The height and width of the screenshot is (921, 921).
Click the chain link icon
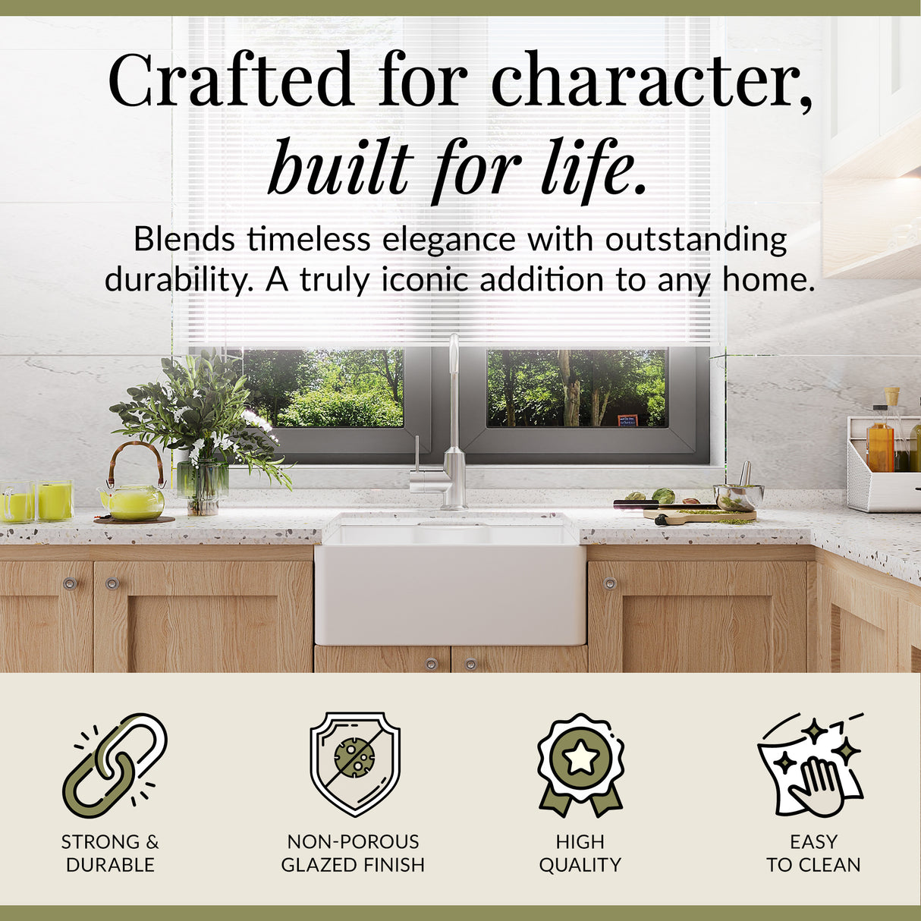115,766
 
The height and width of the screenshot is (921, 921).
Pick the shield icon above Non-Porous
354,762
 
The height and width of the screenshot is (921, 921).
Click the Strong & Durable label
110,853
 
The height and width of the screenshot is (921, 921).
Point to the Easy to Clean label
813,853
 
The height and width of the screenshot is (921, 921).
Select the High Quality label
580,853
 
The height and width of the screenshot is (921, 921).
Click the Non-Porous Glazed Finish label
353,853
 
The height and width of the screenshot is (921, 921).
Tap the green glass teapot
134,499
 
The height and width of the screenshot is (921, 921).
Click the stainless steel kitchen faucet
452,440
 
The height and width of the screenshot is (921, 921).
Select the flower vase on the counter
202,486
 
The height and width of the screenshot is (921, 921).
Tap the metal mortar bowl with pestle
738,495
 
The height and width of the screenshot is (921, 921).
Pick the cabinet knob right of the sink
609,583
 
